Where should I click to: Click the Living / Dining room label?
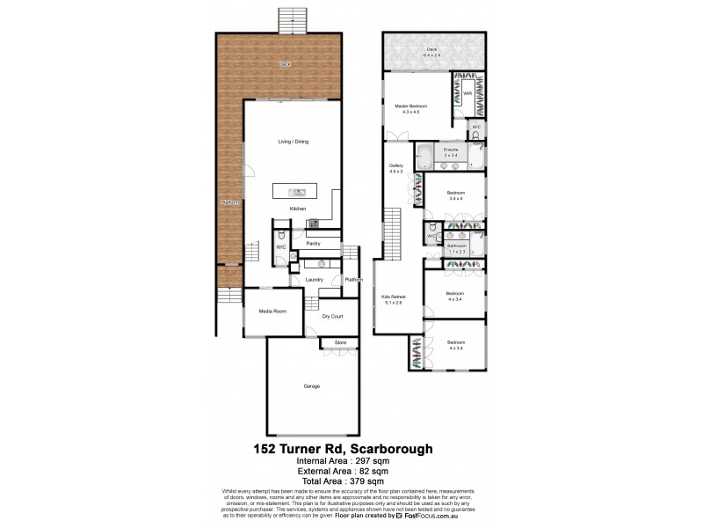293,142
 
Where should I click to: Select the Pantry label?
313,243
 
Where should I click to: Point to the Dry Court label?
331,316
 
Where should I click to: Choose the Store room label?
340,343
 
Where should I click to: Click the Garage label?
311,386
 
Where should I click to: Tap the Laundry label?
315,280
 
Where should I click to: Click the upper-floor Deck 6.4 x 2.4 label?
431,52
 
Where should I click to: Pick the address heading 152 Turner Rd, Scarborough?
351,448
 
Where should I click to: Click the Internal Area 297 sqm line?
351,460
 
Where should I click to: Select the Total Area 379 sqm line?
351,480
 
